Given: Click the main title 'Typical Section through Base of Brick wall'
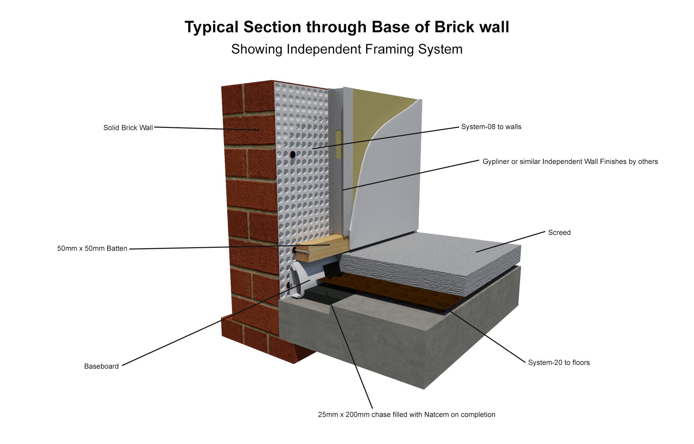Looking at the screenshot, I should coord(347,27).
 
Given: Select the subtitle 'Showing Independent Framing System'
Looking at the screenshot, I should coord(347,49).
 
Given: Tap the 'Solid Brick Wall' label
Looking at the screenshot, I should coord(128,128).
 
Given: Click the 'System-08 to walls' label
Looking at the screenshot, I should coord(491,127).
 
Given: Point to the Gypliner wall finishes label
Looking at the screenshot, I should coord(570,162).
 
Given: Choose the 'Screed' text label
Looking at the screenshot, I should coord(559,233).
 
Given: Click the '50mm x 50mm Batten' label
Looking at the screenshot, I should coord(92,249).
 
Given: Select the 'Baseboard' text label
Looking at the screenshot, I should coord(101,366).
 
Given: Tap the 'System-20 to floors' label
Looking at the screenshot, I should coord(559,363).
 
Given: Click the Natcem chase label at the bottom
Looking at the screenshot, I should coord(406,415).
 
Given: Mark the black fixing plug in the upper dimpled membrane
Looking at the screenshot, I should coord(293,154).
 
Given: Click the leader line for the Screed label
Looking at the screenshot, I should coord(510,242).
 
